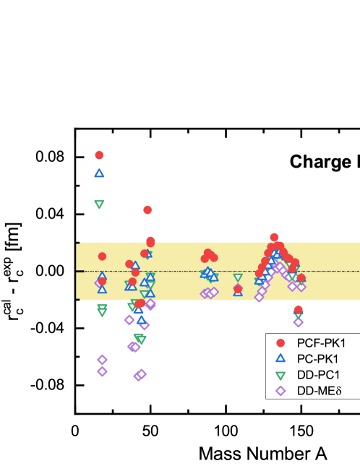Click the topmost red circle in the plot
point(99,155)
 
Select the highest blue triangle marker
point(99,173)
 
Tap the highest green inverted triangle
point(99,204)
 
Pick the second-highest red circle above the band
point(147,210)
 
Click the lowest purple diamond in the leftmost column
point(102,371)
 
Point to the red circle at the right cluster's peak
point(274,237)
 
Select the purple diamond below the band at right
point(298,322)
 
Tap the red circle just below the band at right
point(299,309)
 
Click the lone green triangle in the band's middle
point(238,277)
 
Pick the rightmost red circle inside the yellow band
point(301,277)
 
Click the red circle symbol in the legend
point(280,342)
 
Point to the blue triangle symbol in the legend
point(280,358)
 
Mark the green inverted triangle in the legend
point(280,375)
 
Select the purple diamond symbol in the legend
point(280,391)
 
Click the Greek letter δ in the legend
point(336,391)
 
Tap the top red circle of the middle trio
point(207,253)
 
